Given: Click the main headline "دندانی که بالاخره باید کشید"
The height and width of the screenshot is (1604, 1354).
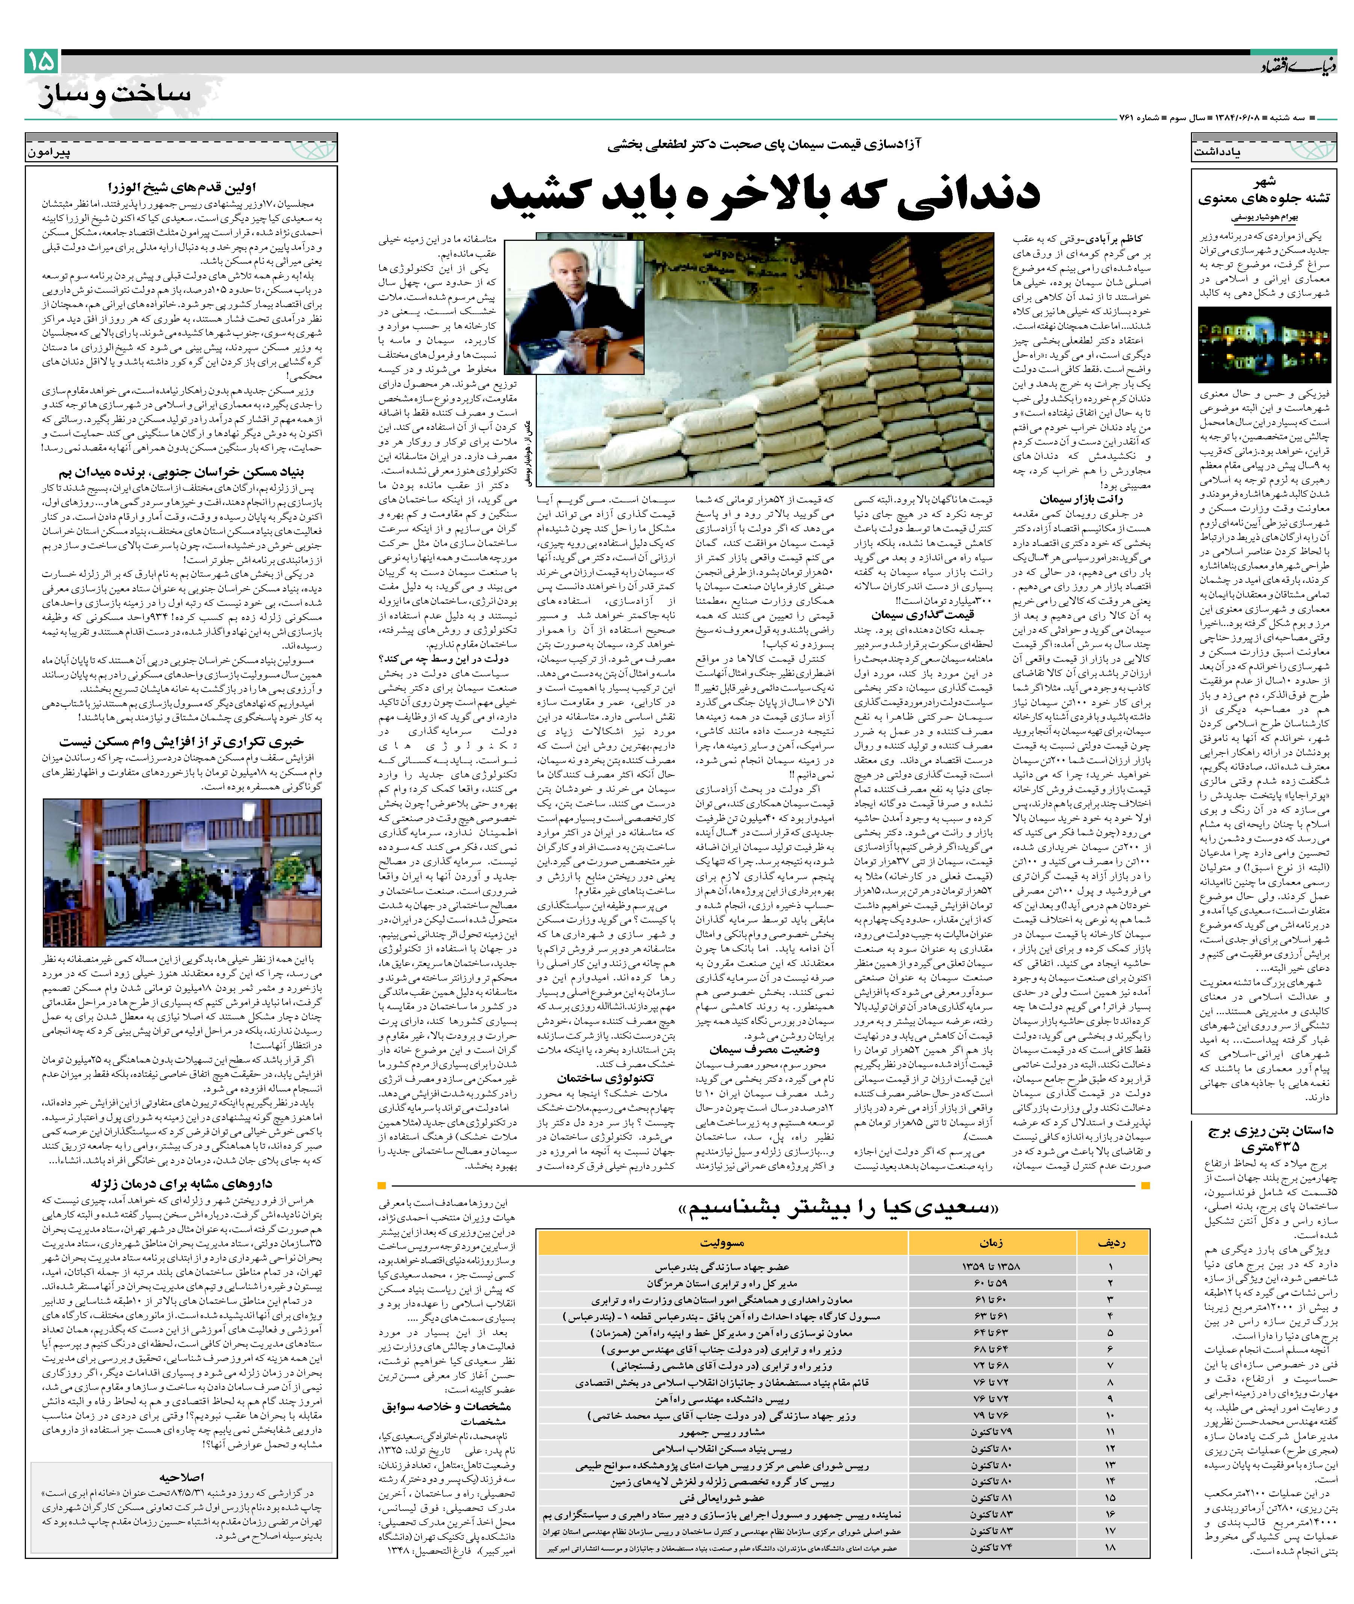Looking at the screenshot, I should click(x=765, y=194).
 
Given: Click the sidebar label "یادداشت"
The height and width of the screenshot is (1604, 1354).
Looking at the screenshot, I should click(x=1217, y=152).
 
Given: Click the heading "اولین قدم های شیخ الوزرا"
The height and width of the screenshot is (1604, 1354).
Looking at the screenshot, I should click(x=183, y=187).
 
